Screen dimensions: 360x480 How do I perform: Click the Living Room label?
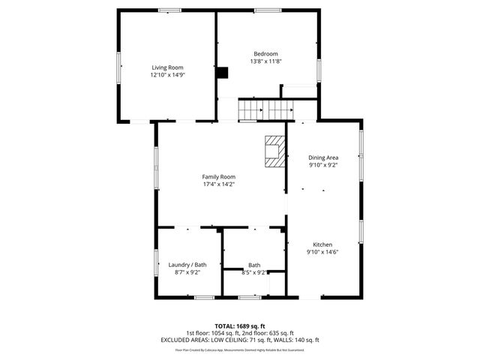click(x=167, y=67)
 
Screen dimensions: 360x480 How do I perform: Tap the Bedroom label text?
click(x=265, y=53)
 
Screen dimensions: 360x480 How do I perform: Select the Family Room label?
click(x=218, y=176)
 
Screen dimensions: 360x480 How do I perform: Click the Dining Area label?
click(x=323, y=157)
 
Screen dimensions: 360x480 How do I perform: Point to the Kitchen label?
click(x=322, y=244)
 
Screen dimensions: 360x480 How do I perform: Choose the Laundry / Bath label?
click(x=187, y=265)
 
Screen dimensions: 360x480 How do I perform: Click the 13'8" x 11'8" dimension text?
click(x=265, y=61)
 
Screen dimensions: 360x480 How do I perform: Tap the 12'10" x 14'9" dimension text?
click(x=167, y=75)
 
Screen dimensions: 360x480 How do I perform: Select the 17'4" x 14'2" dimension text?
click(x=218, y=184)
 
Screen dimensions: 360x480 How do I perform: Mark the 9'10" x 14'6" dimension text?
click(x=322, y=253)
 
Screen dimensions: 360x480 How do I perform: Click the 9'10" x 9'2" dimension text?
click(x=323, y=166)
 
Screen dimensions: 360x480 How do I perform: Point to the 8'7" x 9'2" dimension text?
click(x=187, y=272)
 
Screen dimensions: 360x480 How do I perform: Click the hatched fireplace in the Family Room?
click(x=275, y=150)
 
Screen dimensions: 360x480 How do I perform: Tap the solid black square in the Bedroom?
click(x=222, y=72)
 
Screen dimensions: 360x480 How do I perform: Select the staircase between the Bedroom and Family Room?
click(x=265, y=110)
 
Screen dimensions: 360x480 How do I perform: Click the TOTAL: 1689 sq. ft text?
click(x=240, y=326)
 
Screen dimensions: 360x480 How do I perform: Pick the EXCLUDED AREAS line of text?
click(x=240, y=340)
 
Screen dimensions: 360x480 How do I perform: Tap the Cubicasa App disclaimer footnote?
click(x=240, y=349)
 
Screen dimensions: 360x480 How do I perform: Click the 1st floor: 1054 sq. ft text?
click(x=214, y=333)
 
